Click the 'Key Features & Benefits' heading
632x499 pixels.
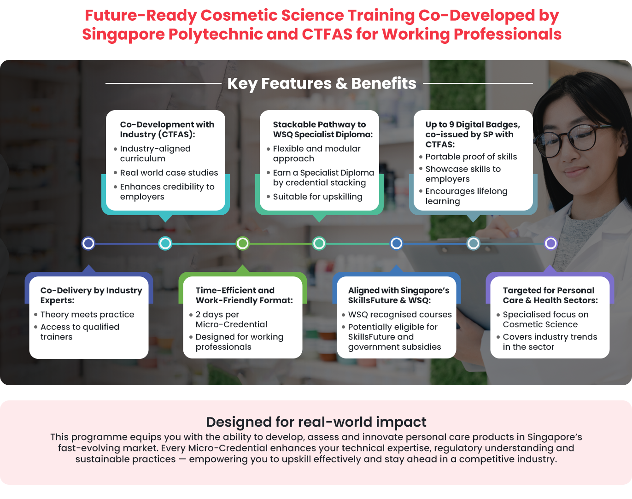click(x=322, y=83)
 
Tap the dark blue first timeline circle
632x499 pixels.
click(x=88, y=243)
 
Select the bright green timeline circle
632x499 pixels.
click(x=243, y=243)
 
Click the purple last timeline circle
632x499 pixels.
click(x=550, y=243)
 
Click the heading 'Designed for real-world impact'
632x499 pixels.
click(x=316, y=422)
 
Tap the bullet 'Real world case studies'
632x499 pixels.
click(x=169, y=172)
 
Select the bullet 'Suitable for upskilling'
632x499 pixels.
click(x=317, y=197)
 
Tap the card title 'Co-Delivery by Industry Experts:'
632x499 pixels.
click(x=91, y=295)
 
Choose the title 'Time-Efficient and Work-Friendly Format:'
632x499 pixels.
click(x=244, y=295)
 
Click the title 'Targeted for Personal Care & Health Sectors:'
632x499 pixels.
click(x=550, y=295)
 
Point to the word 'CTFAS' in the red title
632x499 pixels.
click(x=327, y=34)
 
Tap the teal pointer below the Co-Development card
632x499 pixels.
click(x=165, y=218)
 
